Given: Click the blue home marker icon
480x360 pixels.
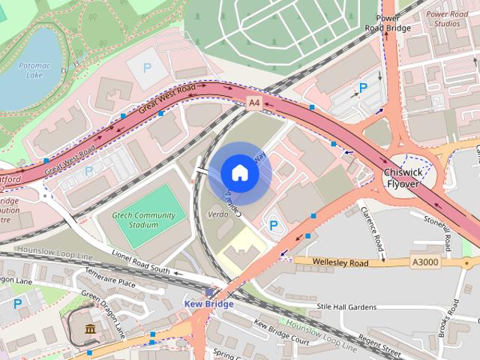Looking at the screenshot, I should [x=239, y=173].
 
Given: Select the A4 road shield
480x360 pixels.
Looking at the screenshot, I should [x=255, y=101].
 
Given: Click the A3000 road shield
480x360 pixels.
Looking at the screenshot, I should [x=425, y=262].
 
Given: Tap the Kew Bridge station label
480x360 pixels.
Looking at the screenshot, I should [x=209, y=304].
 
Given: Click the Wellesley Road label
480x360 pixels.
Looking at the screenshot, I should [x=342, y=262].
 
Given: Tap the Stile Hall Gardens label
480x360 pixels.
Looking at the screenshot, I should [x=346, y=306].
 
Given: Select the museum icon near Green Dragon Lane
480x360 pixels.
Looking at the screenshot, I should [x=90, y=330].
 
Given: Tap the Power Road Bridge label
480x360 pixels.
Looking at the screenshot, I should [x=388, y=22].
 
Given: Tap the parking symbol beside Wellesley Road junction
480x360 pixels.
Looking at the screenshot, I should [x=273, y=225].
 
